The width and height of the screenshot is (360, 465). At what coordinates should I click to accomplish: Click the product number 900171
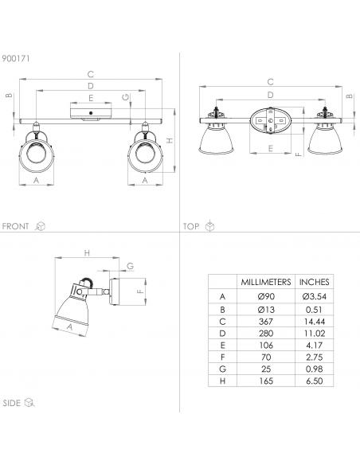coord(16,58)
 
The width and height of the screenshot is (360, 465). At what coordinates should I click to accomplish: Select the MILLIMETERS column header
coord(266,282)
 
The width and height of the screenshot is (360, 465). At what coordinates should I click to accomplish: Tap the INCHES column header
coord(314,282)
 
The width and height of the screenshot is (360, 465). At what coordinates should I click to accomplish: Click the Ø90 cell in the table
coord(266,296)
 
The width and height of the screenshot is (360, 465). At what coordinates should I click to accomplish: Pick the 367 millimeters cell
coord(266,322)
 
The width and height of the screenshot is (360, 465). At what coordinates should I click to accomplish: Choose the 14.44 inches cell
coord(315,322)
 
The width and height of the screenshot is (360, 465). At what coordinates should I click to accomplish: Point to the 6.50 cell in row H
coord(315,381)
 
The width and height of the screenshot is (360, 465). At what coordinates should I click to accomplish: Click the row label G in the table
coord(222,369)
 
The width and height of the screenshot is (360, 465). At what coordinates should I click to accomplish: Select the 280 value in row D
coord(266,334)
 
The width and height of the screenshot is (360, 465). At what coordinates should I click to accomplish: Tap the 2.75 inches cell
coord(315,357)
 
